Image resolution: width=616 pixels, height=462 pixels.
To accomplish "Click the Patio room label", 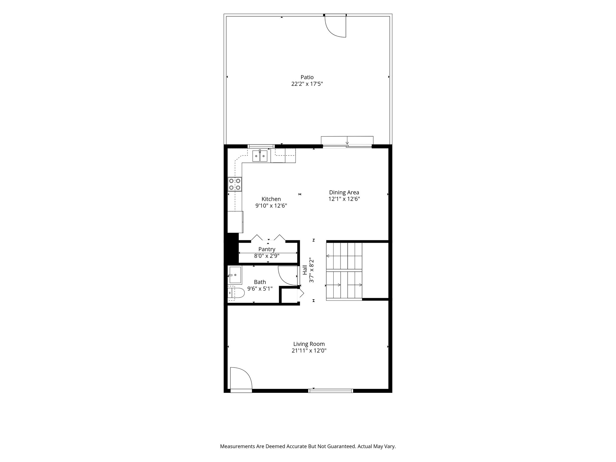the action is click(x=307, y=77).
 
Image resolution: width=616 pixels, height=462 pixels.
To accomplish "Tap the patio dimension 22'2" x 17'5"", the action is click(x=307, y=84).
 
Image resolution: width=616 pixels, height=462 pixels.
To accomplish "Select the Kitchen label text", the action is click(x=271, y=199).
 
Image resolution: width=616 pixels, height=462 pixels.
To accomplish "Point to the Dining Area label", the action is click(x=344, y=192).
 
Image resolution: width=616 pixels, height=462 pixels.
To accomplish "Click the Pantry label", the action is click(x=267, y=249).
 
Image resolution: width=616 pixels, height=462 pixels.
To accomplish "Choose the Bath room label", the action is click(x=260, y=282).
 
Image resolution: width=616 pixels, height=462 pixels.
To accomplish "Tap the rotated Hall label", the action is click(x=305, y=270).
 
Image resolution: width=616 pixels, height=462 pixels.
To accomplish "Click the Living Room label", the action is click(x=309, y=344).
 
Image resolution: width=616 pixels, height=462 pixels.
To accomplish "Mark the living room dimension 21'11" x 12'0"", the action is click(x=309, y=350).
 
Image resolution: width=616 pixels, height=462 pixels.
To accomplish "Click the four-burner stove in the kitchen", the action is click(x=235, y=184).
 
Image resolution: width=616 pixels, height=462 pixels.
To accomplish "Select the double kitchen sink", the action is click(x=260, y=156).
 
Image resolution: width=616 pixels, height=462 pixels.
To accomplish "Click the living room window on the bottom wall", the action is click(x=331, y=391).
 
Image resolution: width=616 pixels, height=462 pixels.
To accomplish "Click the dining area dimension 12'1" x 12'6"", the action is click(x=344, y=199).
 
